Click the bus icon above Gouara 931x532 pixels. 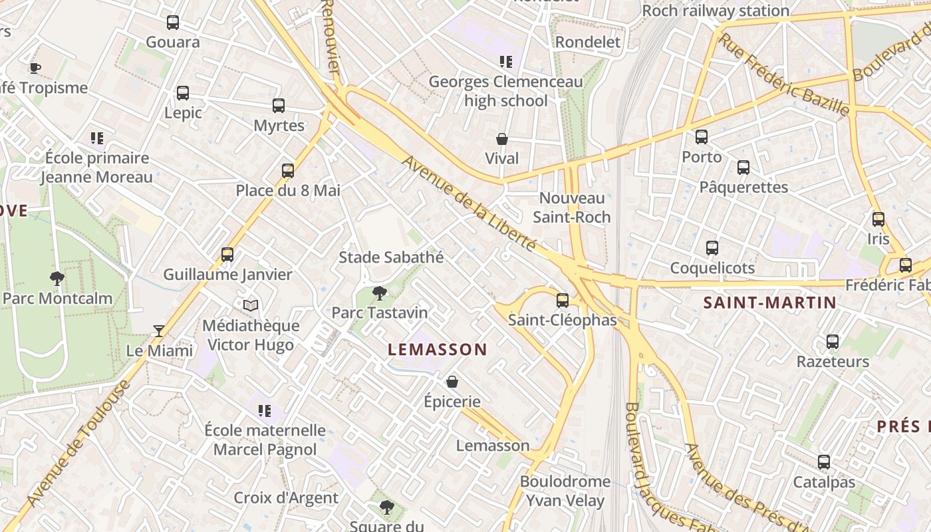pos(173,23)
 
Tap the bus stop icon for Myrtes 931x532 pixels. pos(279,106)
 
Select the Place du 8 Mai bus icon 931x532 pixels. pos(288,171)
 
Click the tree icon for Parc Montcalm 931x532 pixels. pos(57,279)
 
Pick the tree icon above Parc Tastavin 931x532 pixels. pos(380,293)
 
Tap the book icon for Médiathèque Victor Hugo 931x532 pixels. pos(250,306)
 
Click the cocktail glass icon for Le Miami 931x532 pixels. pos(159,331)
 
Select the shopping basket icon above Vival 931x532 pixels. pos(502,139)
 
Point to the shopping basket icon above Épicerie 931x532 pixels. pos(452,382)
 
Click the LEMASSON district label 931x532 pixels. pos(438,350)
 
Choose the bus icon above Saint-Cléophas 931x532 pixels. pos(563,301)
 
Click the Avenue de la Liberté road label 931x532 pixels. pos(469,203)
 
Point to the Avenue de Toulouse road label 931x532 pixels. pos(78,444)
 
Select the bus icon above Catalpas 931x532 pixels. pos(824,462)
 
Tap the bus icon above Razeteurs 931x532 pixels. pos(833,342)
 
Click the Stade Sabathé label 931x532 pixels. pos(391,257)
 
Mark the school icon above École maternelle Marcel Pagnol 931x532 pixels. pos(265,411)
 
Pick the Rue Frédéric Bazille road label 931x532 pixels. pos(784,74)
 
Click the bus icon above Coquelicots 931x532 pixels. pos(712,248)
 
